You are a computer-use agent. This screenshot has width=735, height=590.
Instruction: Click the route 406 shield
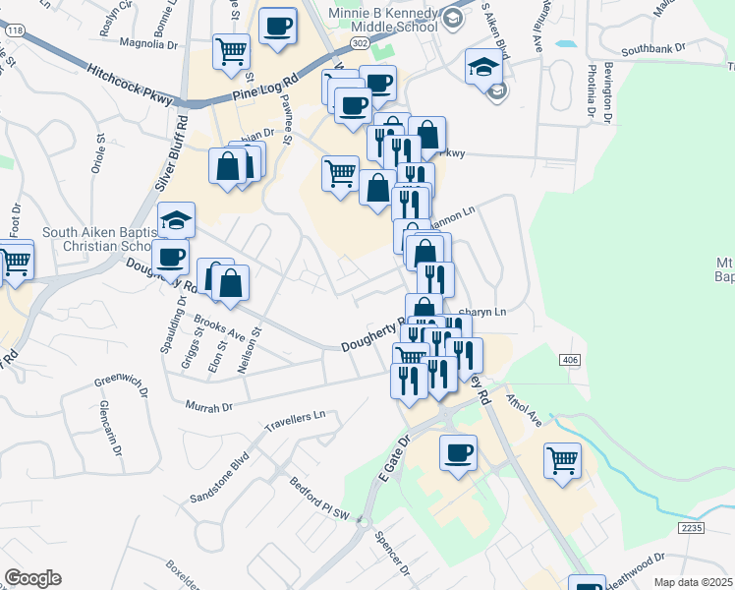coord(571,362)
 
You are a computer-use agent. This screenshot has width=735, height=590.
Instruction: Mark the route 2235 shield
coord(692,528)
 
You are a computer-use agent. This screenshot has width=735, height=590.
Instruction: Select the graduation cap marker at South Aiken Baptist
coord(177,218)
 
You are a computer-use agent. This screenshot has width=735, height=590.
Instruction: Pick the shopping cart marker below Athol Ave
coord(562,459)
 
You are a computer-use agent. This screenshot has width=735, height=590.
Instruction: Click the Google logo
coord(32,578)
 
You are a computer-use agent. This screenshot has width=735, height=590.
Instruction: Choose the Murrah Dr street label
coord(207,405)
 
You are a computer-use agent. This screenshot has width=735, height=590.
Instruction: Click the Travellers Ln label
coord(295,423)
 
